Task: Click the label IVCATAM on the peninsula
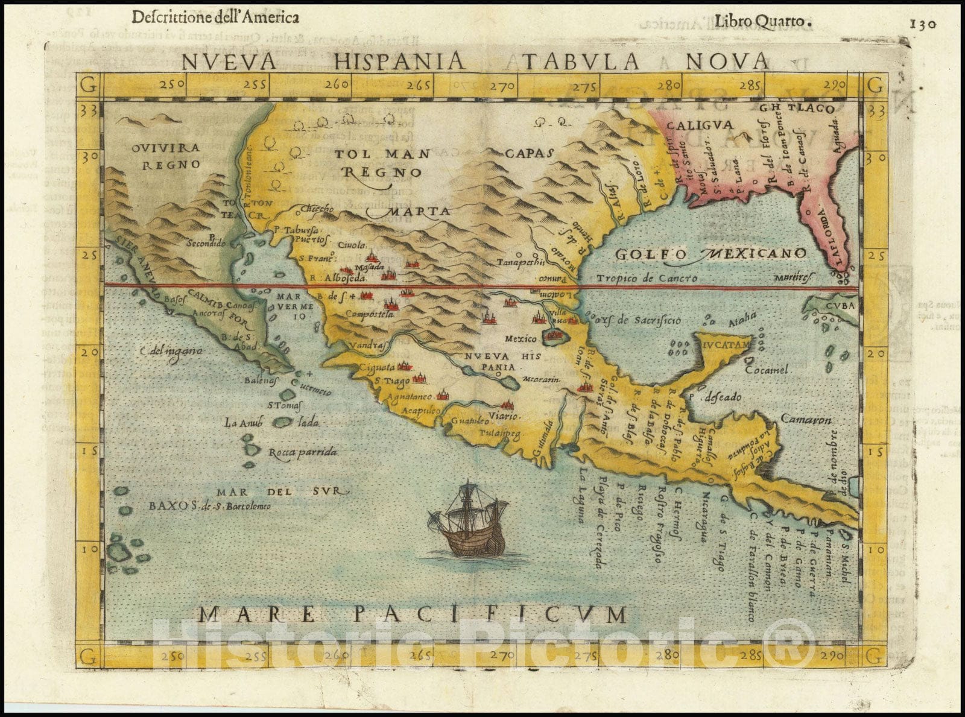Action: point(727,344)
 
